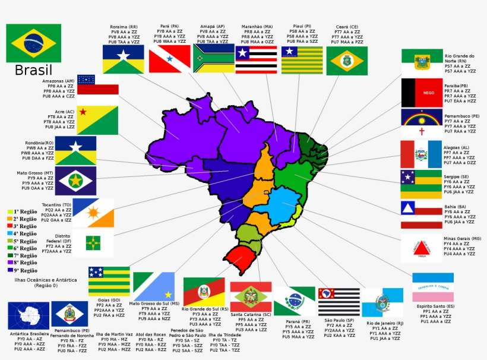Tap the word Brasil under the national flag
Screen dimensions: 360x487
click(x=34, y=71)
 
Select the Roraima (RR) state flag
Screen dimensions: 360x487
click(x=123, y=59)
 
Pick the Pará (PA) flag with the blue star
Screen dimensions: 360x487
click(x=169, y=58)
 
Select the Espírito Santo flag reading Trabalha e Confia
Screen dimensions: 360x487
click(x=433, y=288)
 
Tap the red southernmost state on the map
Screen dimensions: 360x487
click(x=242, y=260)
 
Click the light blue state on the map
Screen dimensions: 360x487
click(x=283, y=205)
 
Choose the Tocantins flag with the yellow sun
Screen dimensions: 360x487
click(x=93, y=213)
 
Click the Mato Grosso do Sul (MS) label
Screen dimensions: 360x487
click(x=154, y=304)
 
